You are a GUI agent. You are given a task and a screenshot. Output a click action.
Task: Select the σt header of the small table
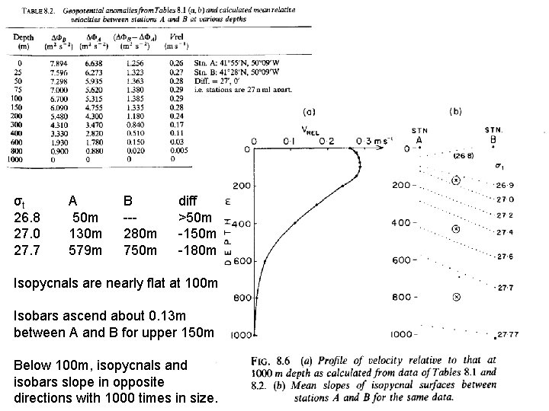[22, 202]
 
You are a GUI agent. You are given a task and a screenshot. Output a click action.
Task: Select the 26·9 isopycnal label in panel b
[506, 185]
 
